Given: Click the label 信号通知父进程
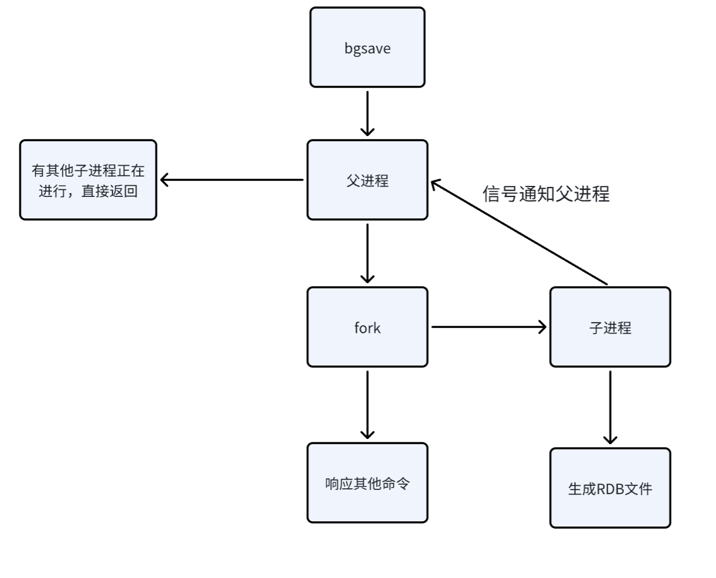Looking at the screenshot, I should point(546,193).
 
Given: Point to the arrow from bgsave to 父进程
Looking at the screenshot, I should point(367,113).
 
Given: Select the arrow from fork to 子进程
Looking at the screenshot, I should point(488,327).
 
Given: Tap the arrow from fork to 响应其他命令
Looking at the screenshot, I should point(367,404).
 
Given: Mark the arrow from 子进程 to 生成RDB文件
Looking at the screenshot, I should point(610,407).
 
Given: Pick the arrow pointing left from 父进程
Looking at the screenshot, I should point(232,180).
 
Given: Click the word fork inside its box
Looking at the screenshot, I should point(367,328).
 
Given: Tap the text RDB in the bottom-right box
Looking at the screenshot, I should point(609,489).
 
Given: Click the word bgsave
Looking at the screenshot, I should point(367,48).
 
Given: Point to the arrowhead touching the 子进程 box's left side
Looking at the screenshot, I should point(542,327).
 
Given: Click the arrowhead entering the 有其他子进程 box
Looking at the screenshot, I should point(165,180).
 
